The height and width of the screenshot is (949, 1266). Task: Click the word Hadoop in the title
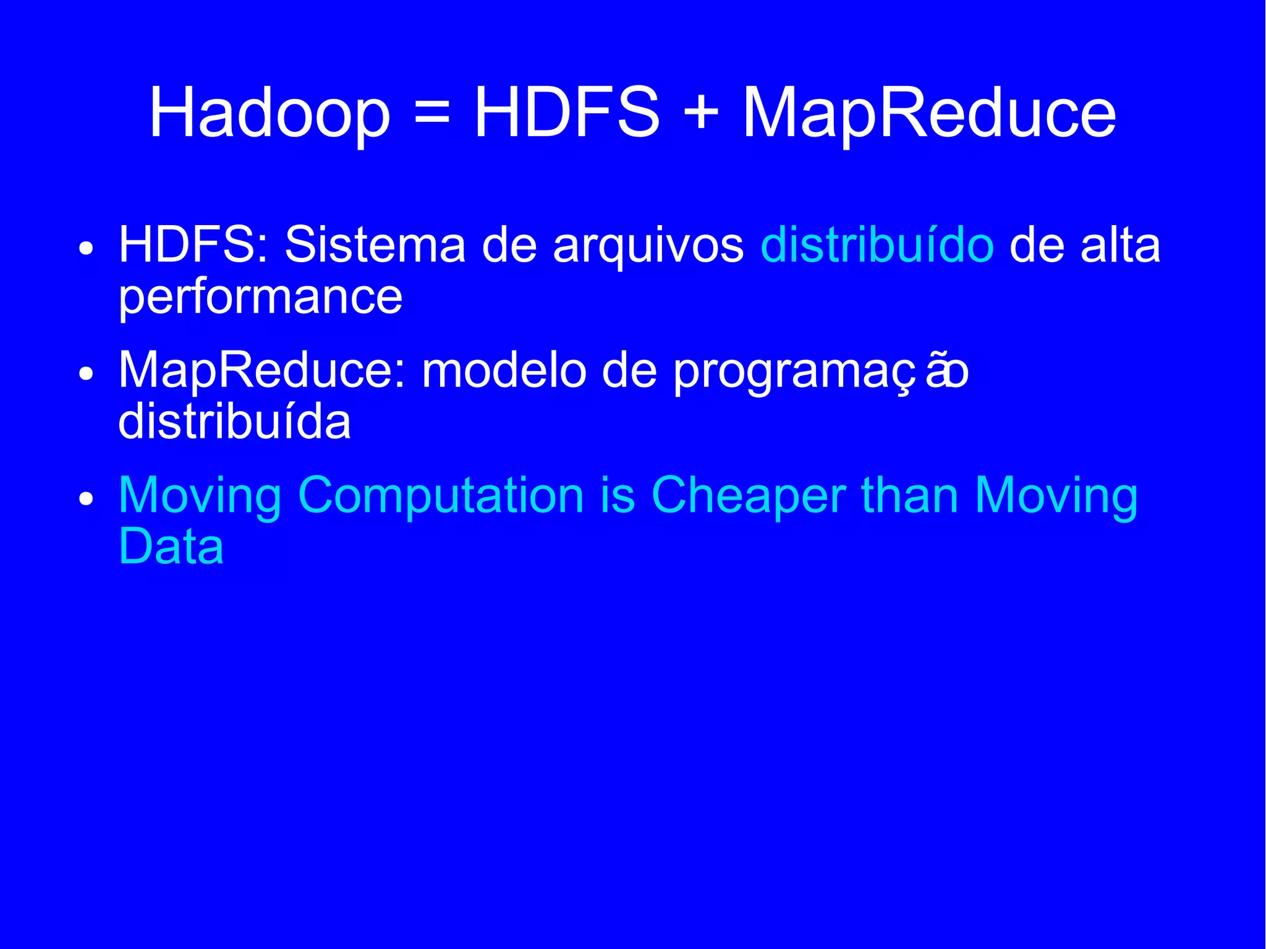pos(270,113)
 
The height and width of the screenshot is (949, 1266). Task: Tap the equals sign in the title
pos(432,113)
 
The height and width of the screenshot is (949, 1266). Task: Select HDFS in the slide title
pos(566,113)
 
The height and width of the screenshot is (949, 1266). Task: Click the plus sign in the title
pos(701,113)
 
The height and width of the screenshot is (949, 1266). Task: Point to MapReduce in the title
pos(929,113)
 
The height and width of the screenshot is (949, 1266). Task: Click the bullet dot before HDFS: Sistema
pos(87,249)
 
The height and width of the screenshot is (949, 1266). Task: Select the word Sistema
pos(375,245)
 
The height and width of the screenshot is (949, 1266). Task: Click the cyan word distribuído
pos(877,245)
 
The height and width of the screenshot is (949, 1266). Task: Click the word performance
pos(260,297)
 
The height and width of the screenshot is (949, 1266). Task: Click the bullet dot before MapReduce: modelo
pos(87,374)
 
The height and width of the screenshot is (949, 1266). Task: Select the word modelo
pos(503,371)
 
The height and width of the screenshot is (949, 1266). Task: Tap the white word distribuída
pos(234,422)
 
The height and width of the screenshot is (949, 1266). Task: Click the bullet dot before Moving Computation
pos(87,499)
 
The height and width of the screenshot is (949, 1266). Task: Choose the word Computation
pos(441,496)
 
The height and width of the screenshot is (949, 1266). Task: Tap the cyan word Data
pos(171,547)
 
